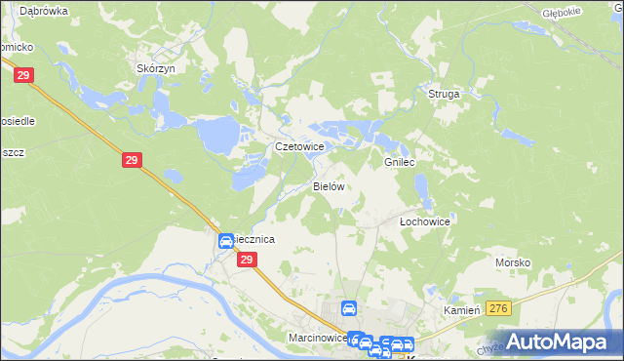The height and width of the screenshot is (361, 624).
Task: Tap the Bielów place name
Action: pyautogui.click(x=330, y=185)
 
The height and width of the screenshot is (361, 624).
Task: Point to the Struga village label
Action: pyautogui.click(x=444, y=94)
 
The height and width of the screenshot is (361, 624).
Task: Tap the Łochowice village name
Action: pyautogui.click(x=425, y=221)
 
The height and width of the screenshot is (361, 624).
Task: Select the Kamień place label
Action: pyautogui.click(x=463, y=309)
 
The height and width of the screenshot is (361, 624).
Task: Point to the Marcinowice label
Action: pyautogui.click(x=318, y=337)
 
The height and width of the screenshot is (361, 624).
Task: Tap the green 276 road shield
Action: pyautogui.click(x=499, y=309)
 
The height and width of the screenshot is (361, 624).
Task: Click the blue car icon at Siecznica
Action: pyautogui.click(x=225, y=241)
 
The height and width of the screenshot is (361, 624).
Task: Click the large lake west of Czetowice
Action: pyautogui.click(x=221, y=131)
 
